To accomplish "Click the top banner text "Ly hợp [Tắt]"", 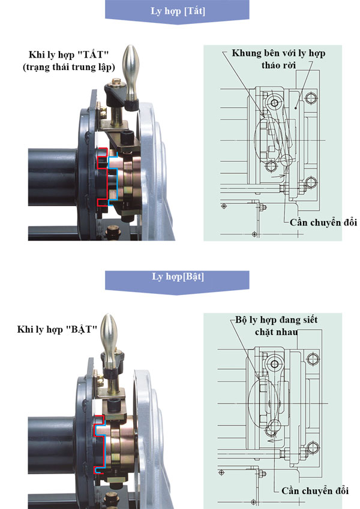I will click(177, 11).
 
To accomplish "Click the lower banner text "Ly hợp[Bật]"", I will click(177, 278).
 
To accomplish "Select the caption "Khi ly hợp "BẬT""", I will click(58, 329).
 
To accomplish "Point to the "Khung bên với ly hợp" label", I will click(278, 53).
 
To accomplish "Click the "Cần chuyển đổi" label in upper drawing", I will click(323, 222).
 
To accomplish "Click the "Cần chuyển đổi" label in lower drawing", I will click(314, 490).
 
